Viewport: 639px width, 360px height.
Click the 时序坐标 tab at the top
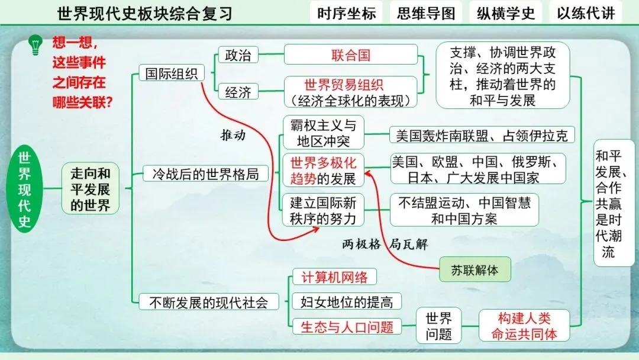tap(346, 13)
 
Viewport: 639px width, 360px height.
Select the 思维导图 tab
tap(426, 13)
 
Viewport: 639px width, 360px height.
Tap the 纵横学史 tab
tap(506, 13)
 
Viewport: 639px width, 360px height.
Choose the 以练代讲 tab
tap(586, 13)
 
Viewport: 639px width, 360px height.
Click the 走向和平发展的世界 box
tap(91, 189)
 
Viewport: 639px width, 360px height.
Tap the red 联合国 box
tap(351, 55)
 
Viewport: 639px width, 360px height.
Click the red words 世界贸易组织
tap(343, 85)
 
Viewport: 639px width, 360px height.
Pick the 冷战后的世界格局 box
tap(202, 174)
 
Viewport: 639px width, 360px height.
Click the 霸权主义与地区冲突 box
tap(323, 133)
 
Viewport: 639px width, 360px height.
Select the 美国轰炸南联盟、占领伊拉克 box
tap(482, 136)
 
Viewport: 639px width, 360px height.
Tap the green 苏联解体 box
tap(475, 270)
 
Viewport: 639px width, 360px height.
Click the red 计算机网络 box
tap(334, 277)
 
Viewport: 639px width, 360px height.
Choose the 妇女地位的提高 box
tap(346, 301)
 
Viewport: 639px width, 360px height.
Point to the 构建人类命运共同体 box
tap(524, 326)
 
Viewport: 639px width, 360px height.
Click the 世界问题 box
tap(438, 326)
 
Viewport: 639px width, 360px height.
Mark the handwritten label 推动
tap(233, 134)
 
